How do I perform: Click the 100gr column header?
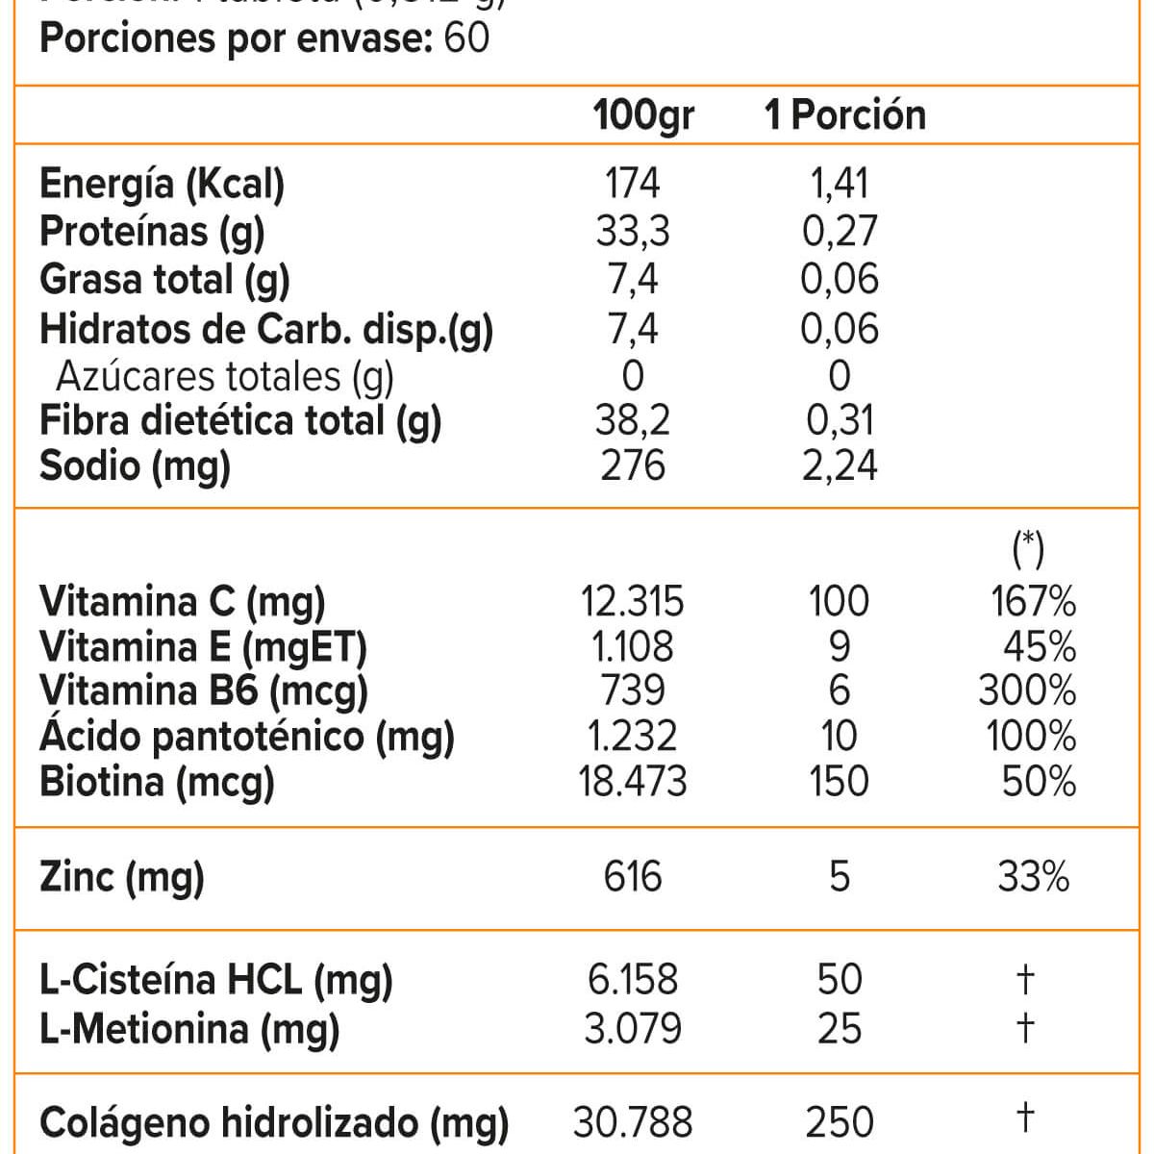(x=642, y=115)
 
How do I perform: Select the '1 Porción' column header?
(x=844, y=115)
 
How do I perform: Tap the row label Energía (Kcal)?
(x=162, y=184)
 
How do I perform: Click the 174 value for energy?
(x=633, y=183)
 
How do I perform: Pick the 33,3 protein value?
(x=633, y=231)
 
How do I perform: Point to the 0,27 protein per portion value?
(x=840, y=231)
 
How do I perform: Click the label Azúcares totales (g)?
(x=225, y=376)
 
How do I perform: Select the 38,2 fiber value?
(x=633, y=420)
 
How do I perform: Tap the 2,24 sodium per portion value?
(x=840, y=465)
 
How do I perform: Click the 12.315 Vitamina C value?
(x=633, y=602)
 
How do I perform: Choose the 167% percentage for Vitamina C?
(x=1034, y=602)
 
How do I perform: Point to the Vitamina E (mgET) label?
(x=203, y=647)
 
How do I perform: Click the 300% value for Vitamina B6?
(x=1027, y=691)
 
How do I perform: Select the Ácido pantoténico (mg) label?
(x=246, y=737)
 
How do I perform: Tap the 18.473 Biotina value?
(x=633, y=781)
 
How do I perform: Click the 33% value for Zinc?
(x=1034, y=877)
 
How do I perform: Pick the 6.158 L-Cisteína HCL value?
(x=633, y=980)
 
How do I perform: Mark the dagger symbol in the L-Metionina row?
(x=1026, y=1028)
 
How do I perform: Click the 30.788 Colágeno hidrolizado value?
(x=633, y=1122)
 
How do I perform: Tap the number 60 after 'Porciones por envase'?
(x=467, y=38)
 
